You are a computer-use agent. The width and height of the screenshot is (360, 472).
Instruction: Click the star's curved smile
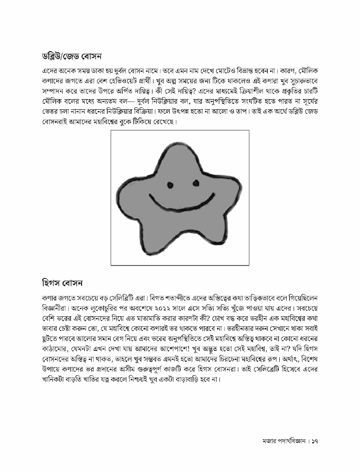[x=181, y=204]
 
